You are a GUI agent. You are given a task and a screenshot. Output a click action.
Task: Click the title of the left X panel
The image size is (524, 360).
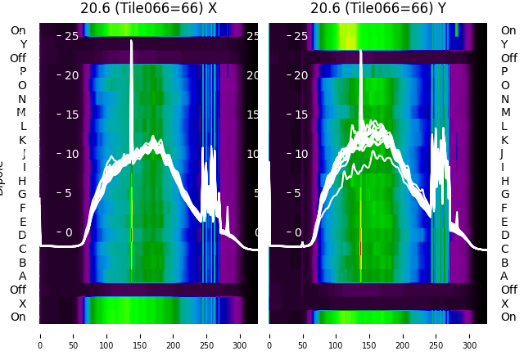click(x=148, y=8)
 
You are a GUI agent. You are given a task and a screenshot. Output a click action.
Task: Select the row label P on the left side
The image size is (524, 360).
click(x=22, y=71)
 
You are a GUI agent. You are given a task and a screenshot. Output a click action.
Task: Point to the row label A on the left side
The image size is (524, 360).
click(x=22, y=276)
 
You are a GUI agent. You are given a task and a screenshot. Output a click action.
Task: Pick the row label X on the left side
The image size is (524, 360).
click(x=22, y=303)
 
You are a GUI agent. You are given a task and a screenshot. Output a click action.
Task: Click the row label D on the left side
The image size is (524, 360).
click(x=22, y=235)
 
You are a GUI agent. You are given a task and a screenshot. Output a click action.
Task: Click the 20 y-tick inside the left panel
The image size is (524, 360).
click(x=70, y=75)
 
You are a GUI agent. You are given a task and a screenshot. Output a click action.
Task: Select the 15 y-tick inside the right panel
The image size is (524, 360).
click(x=300, y=115)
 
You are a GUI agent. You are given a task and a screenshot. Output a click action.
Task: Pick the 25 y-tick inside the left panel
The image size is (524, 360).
click(x=70, y=36)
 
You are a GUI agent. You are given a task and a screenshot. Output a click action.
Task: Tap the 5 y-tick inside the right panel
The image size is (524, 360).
click(x=300, y=193)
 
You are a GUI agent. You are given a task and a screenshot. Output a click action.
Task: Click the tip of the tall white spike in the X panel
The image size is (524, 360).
click(x=131, y=41)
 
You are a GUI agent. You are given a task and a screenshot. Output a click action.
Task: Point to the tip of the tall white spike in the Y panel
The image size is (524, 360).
click(x=361, y=51)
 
